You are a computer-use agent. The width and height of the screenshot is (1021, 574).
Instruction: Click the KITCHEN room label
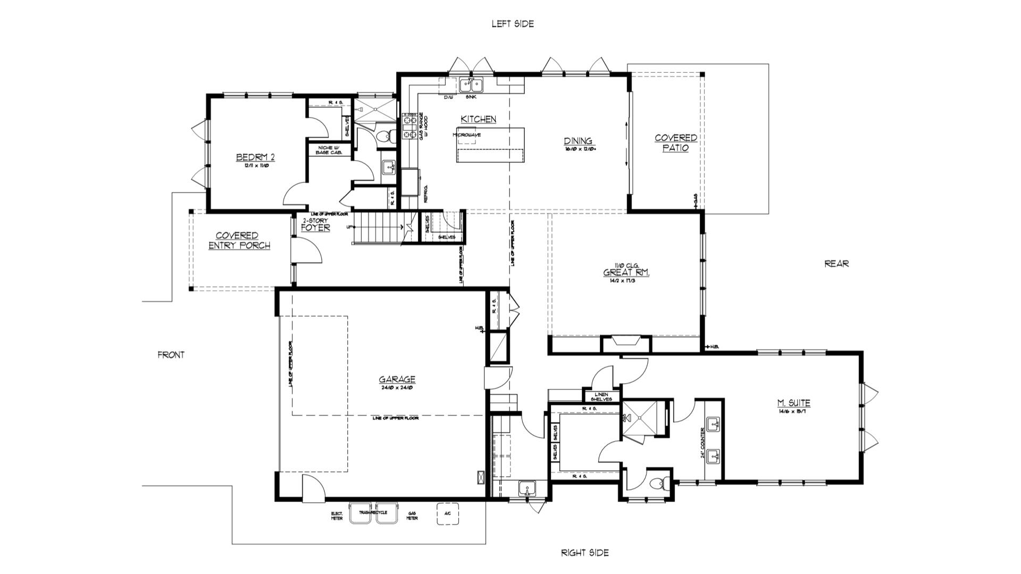[x=478, y=120]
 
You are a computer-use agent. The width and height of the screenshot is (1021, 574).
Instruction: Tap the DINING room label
[x=578, y=141]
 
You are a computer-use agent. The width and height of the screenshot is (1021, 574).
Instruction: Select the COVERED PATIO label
[x=675, y=142]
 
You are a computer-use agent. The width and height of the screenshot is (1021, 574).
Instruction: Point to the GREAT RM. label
[x=626, y=273]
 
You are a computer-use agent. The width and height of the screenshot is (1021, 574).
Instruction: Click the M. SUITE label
[x=793, y=403]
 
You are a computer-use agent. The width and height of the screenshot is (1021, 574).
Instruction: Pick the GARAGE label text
[x=397, y=379]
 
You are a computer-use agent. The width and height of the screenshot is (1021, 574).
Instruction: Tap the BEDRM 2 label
[x=255, y=157]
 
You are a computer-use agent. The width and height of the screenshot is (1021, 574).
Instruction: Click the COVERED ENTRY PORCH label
[x=239, y=240]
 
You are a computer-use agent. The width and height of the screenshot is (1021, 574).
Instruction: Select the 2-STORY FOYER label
[x=315, y=225]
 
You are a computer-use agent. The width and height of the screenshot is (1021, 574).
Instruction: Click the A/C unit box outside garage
[x=447, y=513]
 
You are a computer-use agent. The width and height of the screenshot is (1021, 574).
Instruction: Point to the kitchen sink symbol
[x=471, y=85]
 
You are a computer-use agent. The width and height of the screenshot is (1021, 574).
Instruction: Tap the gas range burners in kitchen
[x=410, y=125]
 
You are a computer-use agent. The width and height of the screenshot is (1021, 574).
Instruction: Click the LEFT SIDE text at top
[x=512, y=23]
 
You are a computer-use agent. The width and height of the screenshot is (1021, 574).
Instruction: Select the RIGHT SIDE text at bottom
[x=584, y=553]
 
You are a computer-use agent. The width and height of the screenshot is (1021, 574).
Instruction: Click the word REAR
[x=836, y=263]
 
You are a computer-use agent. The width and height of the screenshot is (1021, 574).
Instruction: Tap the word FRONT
[x=171, y=354]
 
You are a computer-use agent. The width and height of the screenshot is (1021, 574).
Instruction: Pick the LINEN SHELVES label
[x=601, y=396]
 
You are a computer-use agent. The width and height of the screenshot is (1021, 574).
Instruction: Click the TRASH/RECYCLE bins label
[x=373, y=512]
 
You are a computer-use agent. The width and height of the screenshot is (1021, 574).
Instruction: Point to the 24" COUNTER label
[x=703, y=442]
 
